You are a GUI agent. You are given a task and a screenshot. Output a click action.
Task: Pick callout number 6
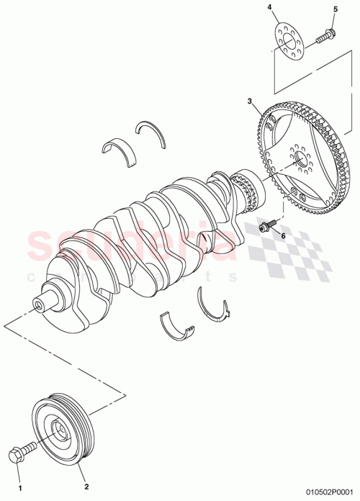point(283,235)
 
